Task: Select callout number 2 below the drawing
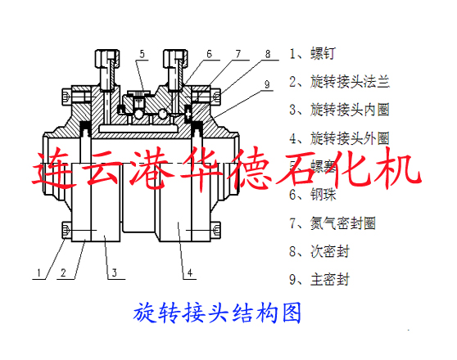point(62,272)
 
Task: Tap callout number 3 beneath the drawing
point(115,272)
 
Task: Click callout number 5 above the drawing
point(142,55)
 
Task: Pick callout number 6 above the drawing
point(209,55)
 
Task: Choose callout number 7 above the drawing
point(238,55)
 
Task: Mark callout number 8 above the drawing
point(267,55)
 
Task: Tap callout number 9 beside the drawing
point(267,83)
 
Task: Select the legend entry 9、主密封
point(319,280)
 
